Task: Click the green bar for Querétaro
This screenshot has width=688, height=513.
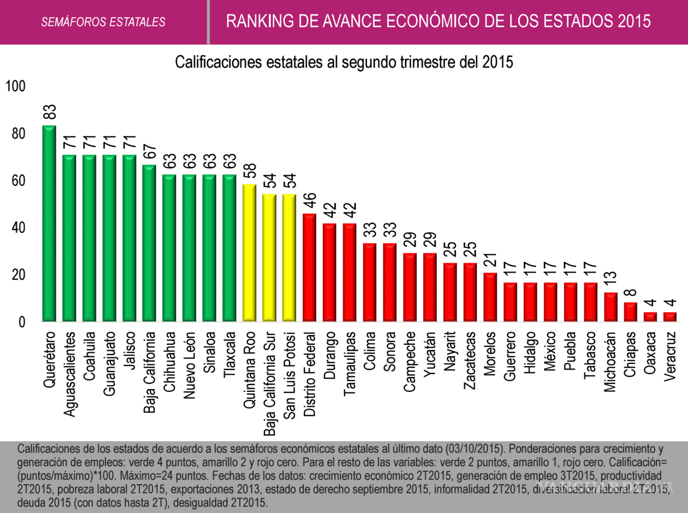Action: pyautogui.click(x=49, y=224)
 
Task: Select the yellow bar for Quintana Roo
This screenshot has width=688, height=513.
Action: pyautogui.click(x=249, y=253)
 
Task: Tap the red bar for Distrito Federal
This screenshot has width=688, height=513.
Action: pyautogui.click(x=310, y=267)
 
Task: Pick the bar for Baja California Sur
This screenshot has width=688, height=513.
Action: pyautogui.click(x=269, y=258)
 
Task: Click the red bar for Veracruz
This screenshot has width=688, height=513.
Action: pyautogui.click(x=670, y=317)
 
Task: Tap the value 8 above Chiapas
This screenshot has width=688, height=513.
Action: pyautogui.click(x=630, y=294)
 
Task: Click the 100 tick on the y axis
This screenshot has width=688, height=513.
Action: pyautogui.click(x=16, y=87)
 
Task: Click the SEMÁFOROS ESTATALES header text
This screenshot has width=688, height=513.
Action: pyautogui.click(x=103, y=22)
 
